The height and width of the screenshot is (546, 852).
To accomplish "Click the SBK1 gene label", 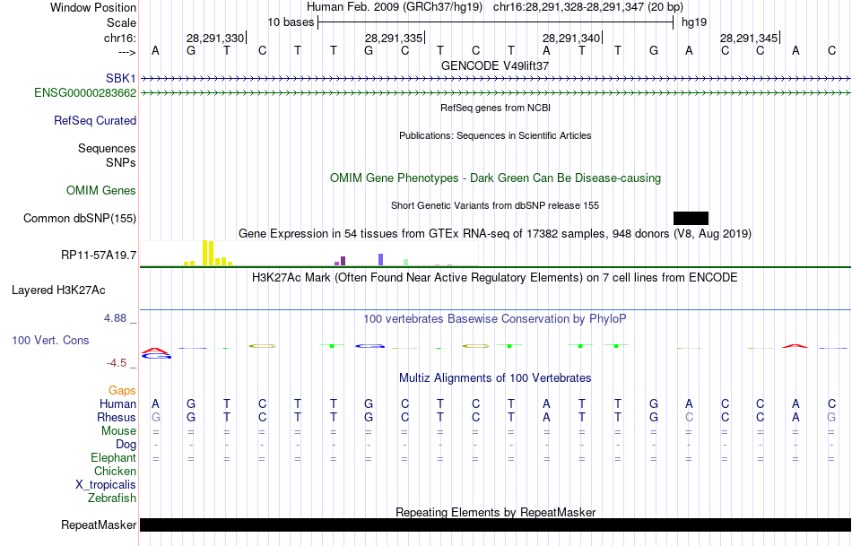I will pos(121,79).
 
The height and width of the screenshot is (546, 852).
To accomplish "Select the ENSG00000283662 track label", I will pos(85,92).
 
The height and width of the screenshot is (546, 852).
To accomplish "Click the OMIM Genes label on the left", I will pos(101,190).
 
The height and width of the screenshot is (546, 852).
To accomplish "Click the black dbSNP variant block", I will pos(691,218).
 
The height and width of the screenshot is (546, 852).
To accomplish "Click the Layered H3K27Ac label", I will pos(58,290).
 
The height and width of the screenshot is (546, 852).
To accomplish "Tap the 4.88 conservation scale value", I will pos(117,318).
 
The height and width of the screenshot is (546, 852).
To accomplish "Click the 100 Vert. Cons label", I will pos(50,341).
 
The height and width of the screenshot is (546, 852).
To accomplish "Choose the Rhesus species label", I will pos(117,417).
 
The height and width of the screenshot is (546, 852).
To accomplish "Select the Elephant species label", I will pos(113,458).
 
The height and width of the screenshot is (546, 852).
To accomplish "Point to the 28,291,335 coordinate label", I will pos(394,39).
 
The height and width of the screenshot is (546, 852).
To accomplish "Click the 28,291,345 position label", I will pos(749,39).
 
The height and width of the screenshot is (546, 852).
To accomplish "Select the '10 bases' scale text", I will pos(291,22).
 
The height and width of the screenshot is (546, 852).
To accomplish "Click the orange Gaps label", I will pos(122,390).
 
